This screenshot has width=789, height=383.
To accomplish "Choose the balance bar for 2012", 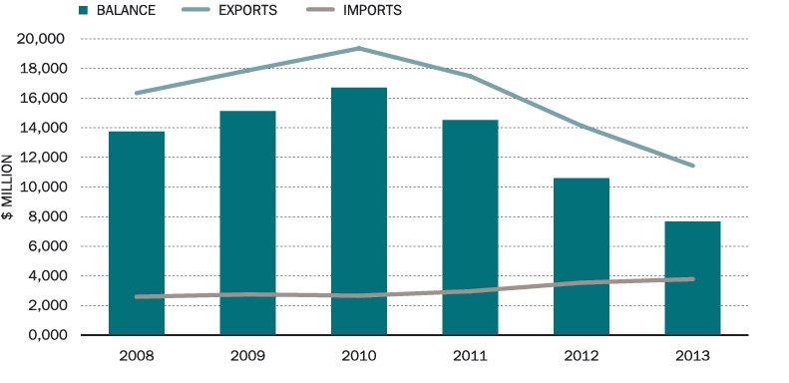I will coord(582,255).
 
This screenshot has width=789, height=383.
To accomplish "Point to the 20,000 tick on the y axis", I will coord(42,39).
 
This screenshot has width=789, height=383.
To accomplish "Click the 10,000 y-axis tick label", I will coord(42,187).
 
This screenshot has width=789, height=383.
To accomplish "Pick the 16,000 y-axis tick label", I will coord(42,98).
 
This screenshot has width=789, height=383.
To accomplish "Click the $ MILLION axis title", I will coord(9,187).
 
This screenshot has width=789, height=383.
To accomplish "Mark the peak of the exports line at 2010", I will coord(359,48).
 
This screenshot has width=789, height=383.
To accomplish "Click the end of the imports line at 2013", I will coord(692,279).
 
